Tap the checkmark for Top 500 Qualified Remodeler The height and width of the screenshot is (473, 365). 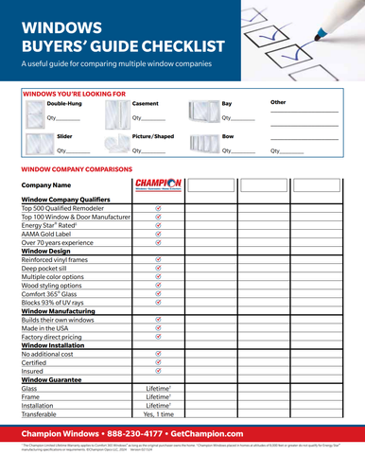(x=158, y=208)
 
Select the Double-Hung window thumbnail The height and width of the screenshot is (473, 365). (x=33, y=111)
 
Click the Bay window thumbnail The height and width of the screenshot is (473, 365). (x=203, y=111)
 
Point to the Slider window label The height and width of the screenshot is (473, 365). (x=65, y=136)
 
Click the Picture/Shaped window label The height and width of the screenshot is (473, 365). (x=153, y=136)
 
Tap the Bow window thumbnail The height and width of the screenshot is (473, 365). (x=203, y=144)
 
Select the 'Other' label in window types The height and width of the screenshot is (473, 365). (x=278, y=102)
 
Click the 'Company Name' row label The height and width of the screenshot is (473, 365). (x=46, y=184)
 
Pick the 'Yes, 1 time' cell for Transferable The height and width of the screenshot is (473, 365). (x=158, y=414)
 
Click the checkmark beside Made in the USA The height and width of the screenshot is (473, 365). (x=158, y=324)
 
